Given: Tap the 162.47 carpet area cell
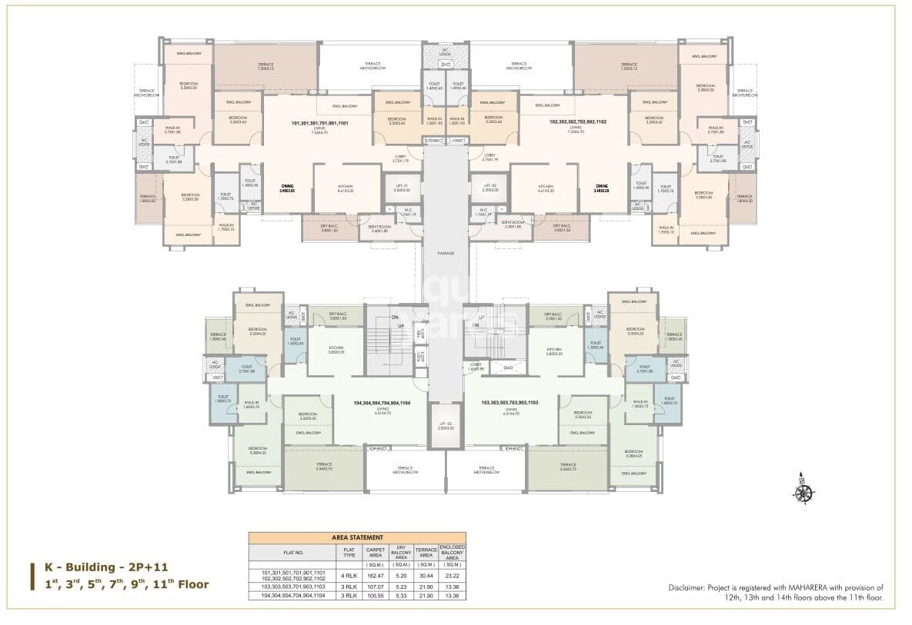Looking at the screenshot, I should coord(376,573).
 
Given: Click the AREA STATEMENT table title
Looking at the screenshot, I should coord(357,537).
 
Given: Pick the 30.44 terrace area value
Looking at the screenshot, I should coord(426,573).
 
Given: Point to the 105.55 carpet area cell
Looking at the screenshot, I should coord(376,595).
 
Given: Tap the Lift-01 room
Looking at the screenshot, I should coord(403,188).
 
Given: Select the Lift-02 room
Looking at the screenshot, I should coord(489,188).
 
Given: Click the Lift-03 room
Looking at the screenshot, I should coord(446,427).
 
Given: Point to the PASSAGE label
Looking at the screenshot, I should coord(446,253).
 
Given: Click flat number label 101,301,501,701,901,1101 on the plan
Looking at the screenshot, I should coord(320,123).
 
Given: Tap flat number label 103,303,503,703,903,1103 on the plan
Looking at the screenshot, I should coord(509,402).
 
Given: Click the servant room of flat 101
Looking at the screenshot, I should coord(379,228).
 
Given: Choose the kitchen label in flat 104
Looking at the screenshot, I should coord(336,350).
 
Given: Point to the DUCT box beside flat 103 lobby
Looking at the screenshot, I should coord(507,368).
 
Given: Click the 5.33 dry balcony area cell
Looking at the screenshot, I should coord(399,595).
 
